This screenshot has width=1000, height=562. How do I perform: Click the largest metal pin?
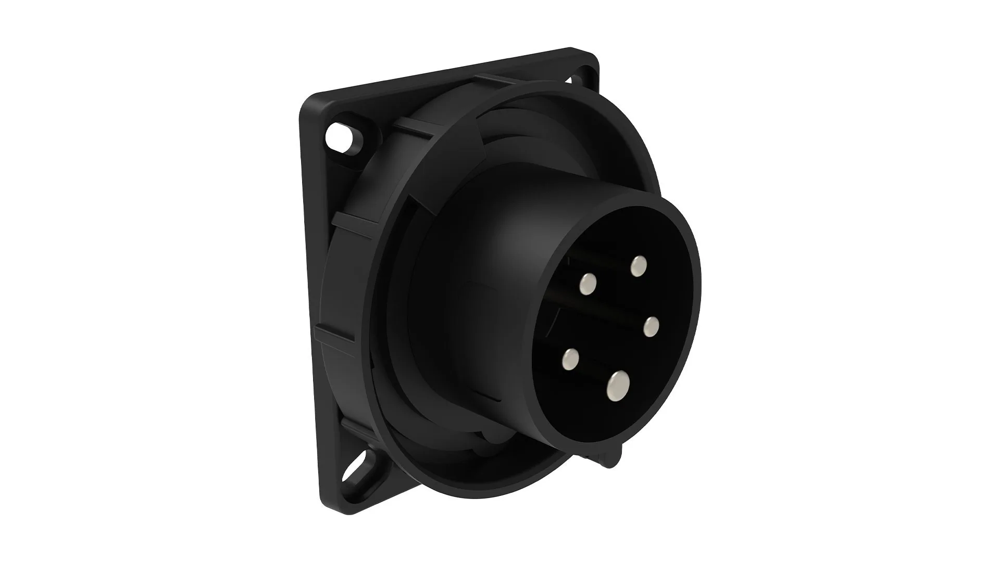[618, 386]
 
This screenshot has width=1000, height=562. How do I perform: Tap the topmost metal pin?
[638, 266]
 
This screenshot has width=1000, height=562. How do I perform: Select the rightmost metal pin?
[651, 327]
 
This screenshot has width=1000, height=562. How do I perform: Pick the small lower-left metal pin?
[571, 359]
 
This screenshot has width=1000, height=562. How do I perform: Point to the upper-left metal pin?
[589, 284]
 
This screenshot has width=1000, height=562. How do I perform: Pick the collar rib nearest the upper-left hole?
[411, 125]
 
